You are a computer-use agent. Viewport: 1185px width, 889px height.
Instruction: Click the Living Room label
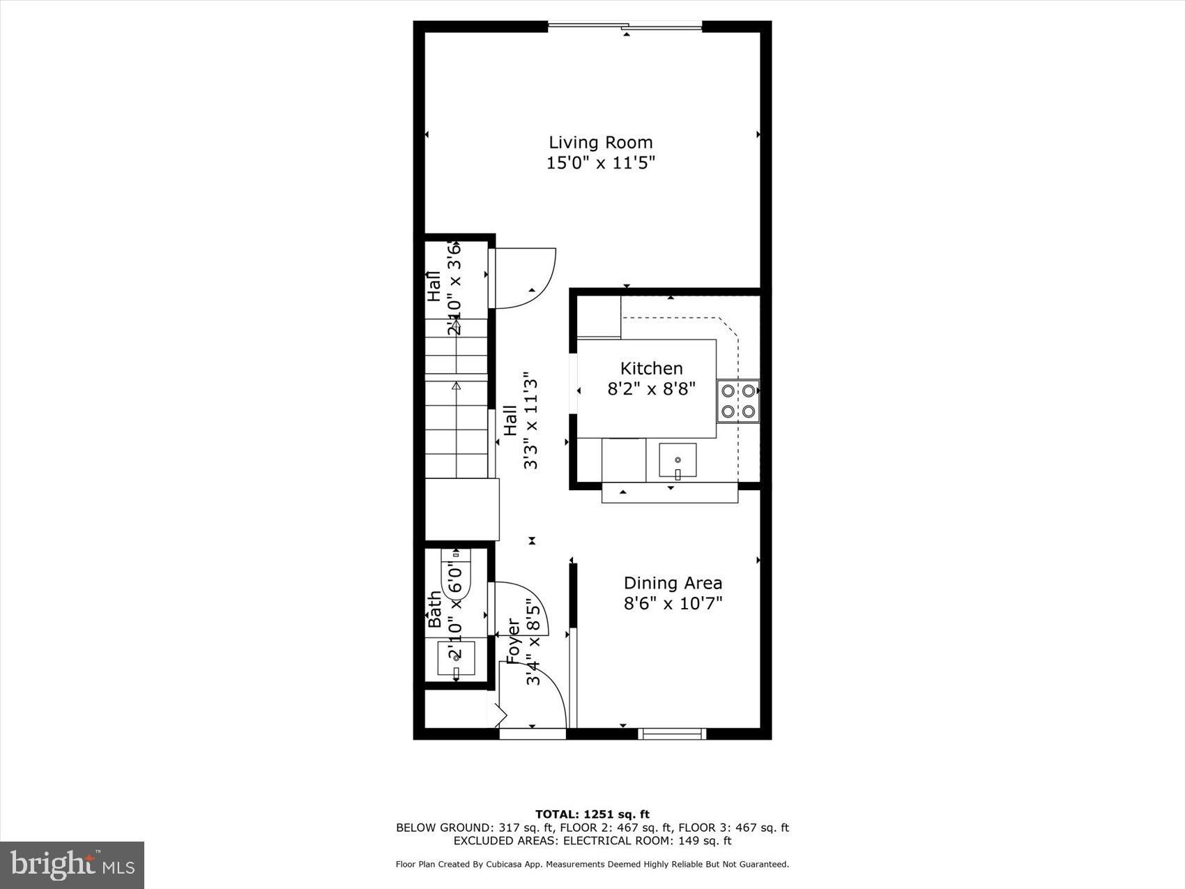600,142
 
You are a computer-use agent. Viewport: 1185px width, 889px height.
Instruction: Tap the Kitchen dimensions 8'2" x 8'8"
651,388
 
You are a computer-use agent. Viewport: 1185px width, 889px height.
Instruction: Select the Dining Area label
673,583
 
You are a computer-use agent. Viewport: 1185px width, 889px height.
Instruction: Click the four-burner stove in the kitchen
738,401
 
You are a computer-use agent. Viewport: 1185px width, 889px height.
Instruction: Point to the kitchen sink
677,461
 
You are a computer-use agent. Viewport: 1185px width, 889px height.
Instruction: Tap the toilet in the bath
457,575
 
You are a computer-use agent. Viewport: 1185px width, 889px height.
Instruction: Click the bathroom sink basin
456,658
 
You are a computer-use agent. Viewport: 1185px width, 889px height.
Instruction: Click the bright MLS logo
72,865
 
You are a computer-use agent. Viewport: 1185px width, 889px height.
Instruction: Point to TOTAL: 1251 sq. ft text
592,814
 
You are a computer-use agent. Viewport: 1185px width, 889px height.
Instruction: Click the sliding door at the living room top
625,27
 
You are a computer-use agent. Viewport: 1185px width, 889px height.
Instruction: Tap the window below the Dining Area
673,733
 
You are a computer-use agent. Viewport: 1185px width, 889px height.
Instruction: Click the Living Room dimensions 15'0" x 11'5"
600,163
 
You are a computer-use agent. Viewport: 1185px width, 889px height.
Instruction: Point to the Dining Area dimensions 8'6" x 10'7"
673,603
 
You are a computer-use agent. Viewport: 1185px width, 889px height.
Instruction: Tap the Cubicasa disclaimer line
592,864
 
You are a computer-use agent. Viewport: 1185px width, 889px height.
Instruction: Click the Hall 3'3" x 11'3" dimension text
531,420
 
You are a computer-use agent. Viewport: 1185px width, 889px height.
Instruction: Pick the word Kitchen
651,368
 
